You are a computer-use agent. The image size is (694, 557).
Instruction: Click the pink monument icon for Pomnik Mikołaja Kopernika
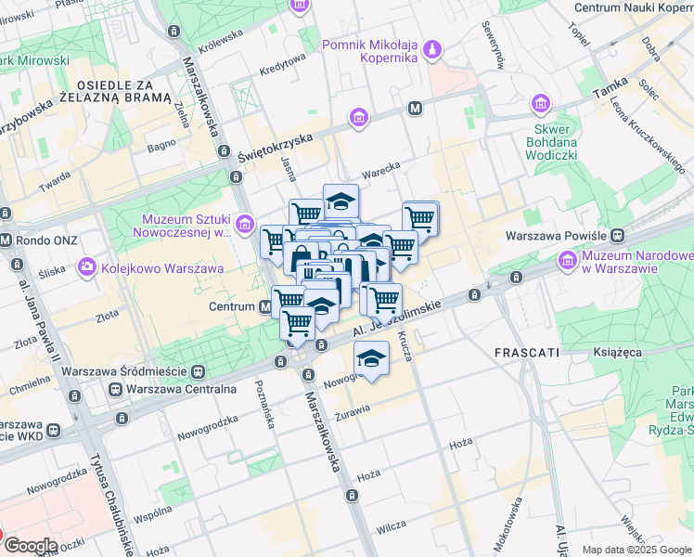click(431, 48)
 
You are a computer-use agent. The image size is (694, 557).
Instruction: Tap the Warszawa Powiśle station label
click(554, 237)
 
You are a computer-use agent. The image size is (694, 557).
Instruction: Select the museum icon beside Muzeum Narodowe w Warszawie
click(567, 262)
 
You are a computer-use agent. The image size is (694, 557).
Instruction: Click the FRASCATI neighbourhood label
click(526, 354)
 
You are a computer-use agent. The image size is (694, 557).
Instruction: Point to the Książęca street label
click(619, 353)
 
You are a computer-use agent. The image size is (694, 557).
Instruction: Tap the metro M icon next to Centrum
click(265, 305)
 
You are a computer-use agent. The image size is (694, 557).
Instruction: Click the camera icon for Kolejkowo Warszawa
click(87, 268)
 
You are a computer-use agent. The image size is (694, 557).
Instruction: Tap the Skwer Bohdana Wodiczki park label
click(556, 142)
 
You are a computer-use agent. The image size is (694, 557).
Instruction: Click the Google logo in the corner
click(30, 546)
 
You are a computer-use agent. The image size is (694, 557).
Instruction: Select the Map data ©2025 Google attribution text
click(636, 550)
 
